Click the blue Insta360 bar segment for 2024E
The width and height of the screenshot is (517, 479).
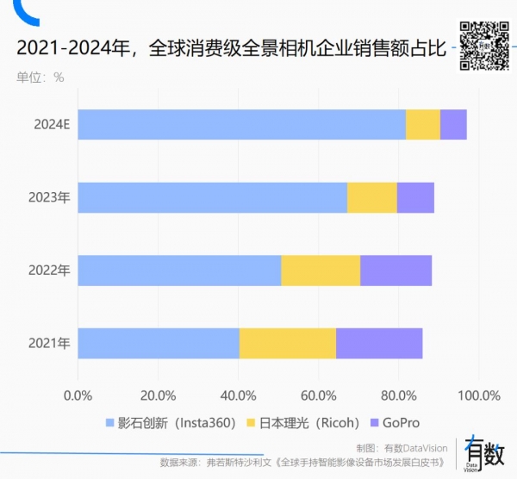[241, 125]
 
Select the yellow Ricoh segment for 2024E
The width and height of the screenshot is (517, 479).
[422, 125]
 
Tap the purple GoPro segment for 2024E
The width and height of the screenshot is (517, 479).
[453, 125]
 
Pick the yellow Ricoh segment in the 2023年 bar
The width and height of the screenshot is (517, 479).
[371, 197]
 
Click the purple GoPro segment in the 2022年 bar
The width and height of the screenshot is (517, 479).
[396, 271]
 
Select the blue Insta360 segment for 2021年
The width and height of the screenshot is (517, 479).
[159, 343]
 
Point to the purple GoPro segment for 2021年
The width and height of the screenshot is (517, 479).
[379, 343]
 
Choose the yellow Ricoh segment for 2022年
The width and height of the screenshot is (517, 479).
[321, 271]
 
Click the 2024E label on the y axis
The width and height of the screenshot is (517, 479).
[52, 125]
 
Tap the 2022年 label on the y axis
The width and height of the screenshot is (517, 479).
[49, 271]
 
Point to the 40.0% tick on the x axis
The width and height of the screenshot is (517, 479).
[238, 395]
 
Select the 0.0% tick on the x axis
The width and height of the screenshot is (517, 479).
[78, 395]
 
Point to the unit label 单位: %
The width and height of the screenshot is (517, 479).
[40, 77]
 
